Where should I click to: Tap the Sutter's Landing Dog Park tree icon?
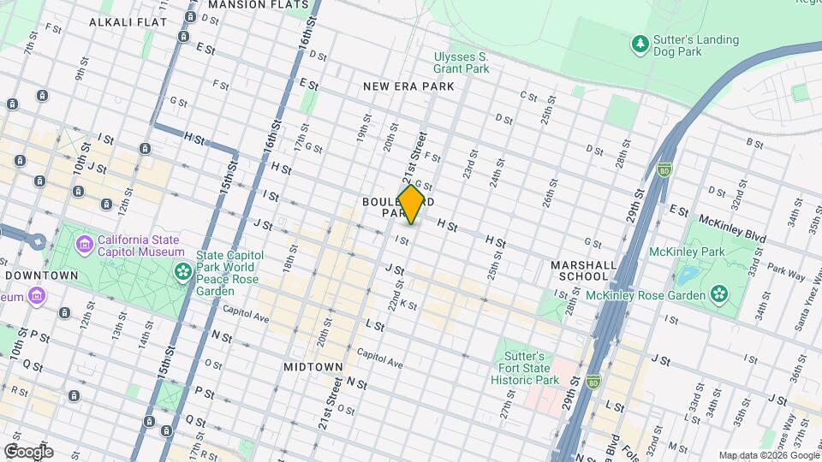coord(639,42)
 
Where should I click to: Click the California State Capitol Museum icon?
coord(84,246)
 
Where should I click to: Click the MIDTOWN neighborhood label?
coord(313,366)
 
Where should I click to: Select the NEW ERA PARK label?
coord(408,86)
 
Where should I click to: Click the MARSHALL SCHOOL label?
coord(584,270)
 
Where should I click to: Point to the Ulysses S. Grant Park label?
coord(461,62)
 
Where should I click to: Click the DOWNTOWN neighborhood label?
coord(41,275)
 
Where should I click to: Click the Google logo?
coord(28,451)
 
